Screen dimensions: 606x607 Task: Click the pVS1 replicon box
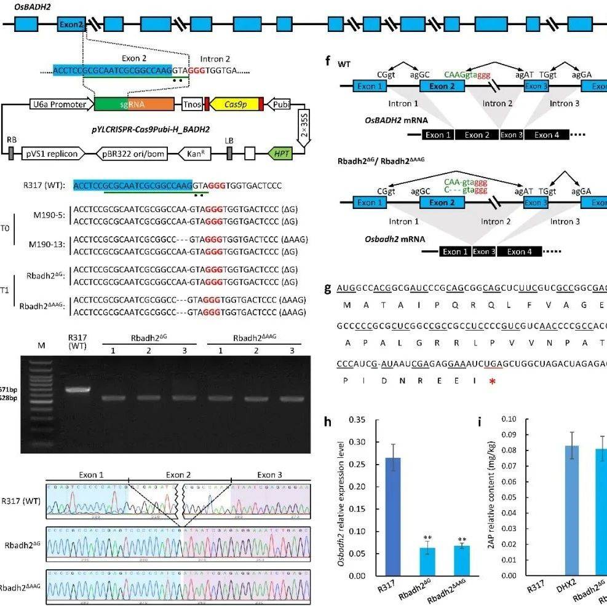(x=52, y=153)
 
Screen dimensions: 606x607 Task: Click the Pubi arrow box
(x=282, y=104)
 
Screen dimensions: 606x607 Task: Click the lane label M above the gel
(x=42, y=345)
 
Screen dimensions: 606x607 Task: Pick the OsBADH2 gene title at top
(x=20, y=6)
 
